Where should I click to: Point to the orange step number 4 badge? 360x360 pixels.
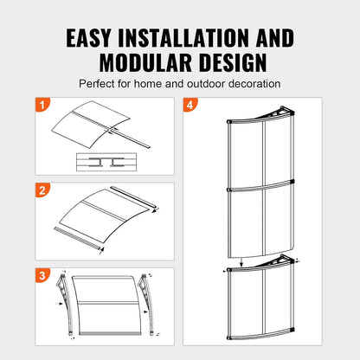(190, 106)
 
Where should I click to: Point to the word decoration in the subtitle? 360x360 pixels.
(252, 84)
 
